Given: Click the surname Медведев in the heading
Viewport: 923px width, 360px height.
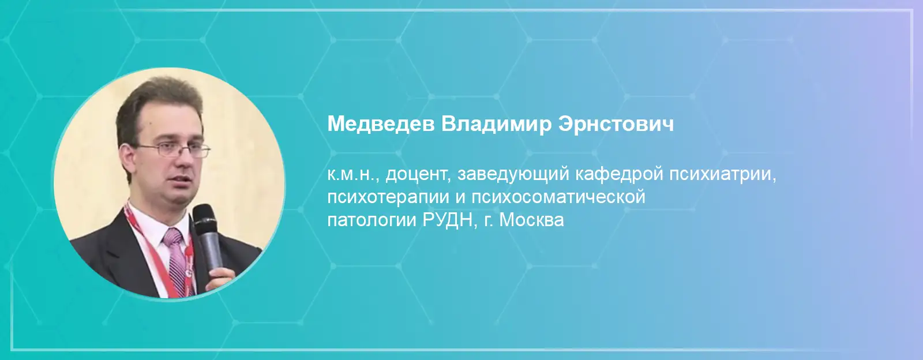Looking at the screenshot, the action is click(x=381, y=124).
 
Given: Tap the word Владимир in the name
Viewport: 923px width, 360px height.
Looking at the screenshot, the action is click(x=496, y=124).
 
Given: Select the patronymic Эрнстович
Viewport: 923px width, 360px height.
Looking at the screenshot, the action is click(x=616, y=123).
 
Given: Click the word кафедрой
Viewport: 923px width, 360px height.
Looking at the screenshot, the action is click(x=619, y=175).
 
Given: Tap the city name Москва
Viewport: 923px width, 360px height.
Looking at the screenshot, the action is click(x=531, y=220).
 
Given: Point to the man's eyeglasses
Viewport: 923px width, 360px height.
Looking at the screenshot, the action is click(x=172, y=150).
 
